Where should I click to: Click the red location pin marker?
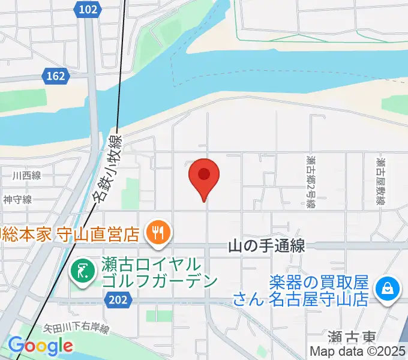[x=204, y=175]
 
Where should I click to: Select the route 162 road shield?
[x=55, y=76]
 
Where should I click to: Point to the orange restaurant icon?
[x=159, y=231]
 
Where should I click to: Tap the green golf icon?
[x=82, y=272]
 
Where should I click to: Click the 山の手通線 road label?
[x=267, y=246]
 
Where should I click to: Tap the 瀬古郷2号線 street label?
[x=310, y=182]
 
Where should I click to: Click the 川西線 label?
[x=26, y=176]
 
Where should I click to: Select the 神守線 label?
[x=17, y=200]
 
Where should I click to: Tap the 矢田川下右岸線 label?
[x=76, y=329]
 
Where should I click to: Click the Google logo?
[x=40, y=346]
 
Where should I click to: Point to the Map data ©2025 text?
[x=358, y=352]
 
